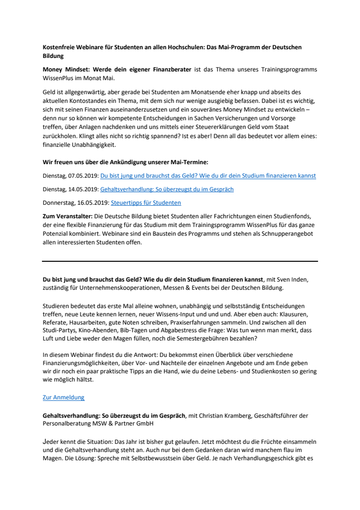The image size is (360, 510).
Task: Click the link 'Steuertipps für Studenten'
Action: coord(146,203)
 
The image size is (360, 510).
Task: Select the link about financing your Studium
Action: coord(208,176)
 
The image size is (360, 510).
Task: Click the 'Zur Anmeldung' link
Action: coord(63,397)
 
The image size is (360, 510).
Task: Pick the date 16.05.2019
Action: coord(93,203)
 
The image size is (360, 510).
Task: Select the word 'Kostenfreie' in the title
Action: coord(59,48)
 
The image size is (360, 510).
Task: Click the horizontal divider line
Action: coord(180,261)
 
